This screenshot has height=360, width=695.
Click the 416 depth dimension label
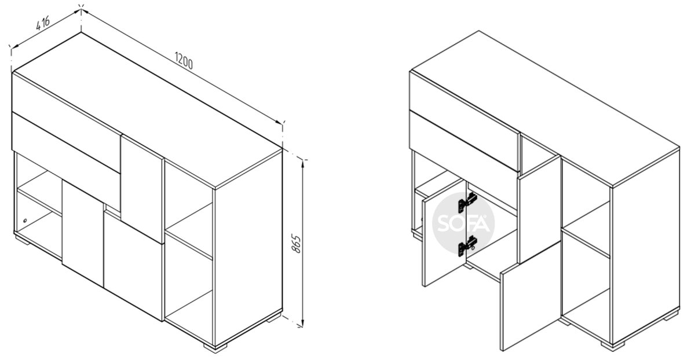(x=43, y=23)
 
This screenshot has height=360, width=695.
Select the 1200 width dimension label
(x=184, y=61)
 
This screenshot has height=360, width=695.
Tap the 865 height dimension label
(x=296, y=244)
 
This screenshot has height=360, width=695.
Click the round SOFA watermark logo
(x=463, y=223)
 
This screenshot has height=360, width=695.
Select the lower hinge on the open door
(x=468, y=246)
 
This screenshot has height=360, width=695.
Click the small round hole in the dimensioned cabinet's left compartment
(x=25, y=221)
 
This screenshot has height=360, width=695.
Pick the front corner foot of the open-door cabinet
(x=613, y=346)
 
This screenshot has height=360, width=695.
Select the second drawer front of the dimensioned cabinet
(x=67, y=161)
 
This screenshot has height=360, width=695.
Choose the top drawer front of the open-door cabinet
(x=464, y=120)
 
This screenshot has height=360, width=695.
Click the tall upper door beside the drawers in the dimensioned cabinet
(x=142, y=189)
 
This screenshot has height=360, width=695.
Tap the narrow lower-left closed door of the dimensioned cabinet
(x=83, y=233)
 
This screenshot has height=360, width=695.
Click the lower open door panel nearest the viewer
(x=531, y=296)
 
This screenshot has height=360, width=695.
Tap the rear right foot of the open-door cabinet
(x=672, y=316)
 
